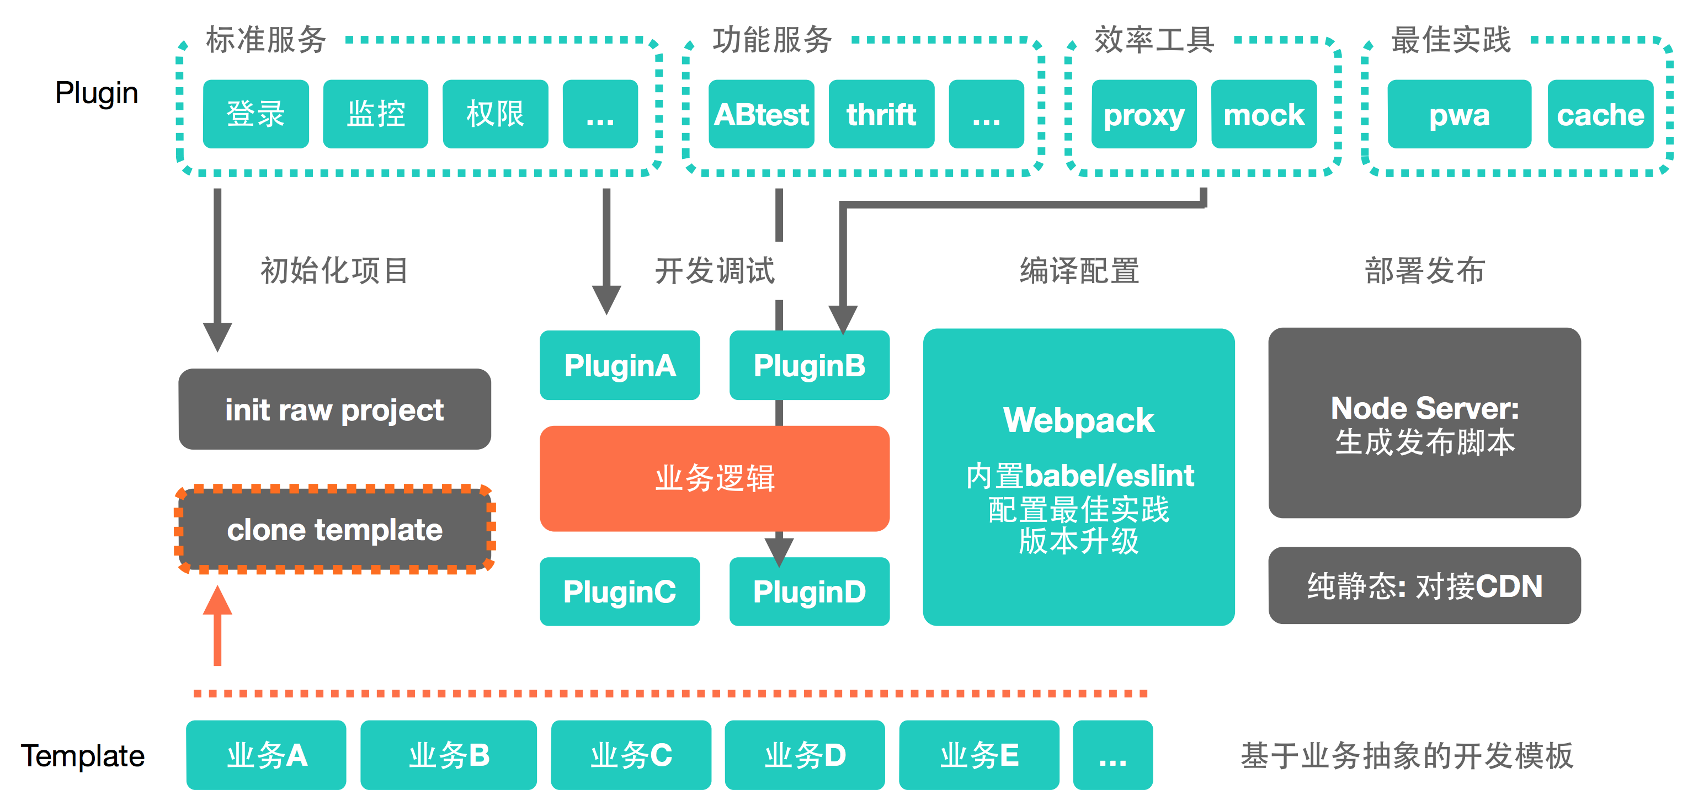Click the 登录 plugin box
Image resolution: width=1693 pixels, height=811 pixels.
pos(255,114)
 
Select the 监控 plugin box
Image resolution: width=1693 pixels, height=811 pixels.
pos(375,114)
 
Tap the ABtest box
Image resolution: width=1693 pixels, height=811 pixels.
pos(761,114)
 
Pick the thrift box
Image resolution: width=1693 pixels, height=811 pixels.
pos(881,114)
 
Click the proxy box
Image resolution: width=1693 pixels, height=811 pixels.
pos(1143,114)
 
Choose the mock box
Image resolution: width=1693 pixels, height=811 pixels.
pos(1264,114)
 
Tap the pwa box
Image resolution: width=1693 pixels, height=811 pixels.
pos(1459,114)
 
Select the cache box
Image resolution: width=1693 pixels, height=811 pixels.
pos(1600,114)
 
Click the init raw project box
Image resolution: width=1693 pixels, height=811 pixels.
pos(334,409)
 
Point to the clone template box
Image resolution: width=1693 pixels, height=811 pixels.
pos(334,529)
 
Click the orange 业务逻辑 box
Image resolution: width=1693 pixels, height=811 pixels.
pos(715,478)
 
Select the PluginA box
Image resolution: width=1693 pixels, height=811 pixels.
pos(620,365)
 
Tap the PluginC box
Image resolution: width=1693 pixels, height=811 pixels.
pos(620,591)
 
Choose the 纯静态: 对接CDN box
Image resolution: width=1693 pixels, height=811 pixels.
pos(1424,585)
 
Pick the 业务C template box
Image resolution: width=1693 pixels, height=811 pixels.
pos(631,755)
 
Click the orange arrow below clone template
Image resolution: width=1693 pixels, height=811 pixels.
pos(217,626)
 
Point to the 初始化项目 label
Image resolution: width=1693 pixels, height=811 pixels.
pos(334,271)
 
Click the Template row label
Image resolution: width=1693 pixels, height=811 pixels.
pos(83,756)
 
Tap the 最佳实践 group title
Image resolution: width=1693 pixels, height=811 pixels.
pos(1451,39)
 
